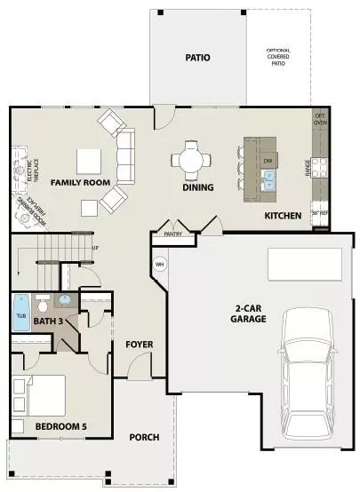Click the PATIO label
(x=198, y=58)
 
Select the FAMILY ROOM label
(x=80, y=182)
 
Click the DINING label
(x=197, y=187)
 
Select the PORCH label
(x=145, y=436)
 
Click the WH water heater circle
(x=160, y=264)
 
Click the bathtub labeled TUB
(x=21, y=313)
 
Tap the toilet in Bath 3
(x=64, y=303)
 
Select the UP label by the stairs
(x=95, y=248)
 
